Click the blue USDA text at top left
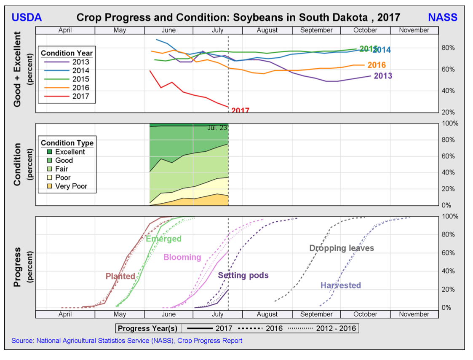click(26, 17)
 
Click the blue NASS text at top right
click(442, 17)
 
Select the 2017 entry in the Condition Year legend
click(80, 96)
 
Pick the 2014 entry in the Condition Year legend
click(80, 70)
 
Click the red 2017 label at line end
click(240, 110)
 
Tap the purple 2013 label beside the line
click(383, 76)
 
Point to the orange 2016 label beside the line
click(377, 65)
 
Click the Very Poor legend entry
click(71, 186)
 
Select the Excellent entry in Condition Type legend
click(70, 152)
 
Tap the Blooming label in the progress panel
click(182, 257)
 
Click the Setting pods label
click(243, 275)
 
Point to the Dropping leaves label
click(342, 248)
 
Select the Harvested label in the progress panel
click(341, 285)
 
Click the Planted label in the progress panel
click(120, 276)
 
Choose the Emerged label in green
click(163, 239)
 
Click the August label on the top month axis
click(267, 30)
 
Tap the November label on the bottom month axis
click(414, 314)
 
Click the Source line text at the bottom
click(127, 341)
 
